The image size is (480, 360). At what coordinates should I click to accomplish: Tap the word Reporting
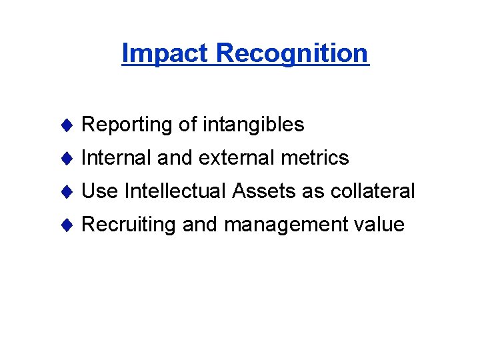126,125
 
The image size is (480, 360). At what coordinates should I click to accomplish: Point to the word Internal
117,158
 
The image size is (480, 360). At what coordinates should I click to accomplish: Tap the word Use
99,191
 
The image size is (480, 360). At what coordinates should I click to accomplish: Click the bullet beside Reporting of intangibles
65,125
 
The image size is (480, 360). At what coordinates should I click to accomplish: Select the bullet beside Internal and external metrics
65,158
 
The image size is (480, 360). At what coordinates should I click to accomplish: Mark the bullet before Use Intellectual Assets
65,191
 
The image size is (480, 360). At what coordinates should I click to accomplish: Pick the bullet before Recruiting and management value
65,225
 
